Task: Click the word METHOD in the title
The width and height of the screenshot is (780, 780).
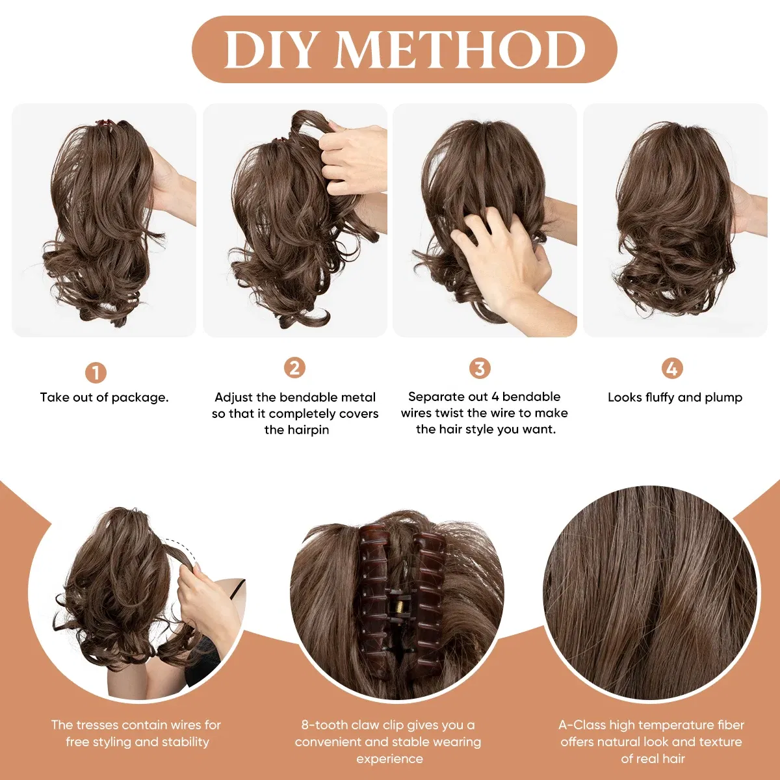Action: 460,50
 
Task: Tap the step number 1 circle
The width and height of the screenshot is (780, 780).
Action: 96,372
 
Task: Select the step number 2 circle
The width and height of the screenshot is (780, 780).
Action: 294,368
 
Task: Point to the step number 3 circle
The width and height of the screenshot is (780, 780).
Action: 480,369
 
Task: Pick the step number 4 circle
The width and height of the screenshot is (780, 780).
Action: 671,369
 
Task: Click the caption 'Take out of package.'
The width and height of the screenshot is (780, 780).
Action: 104,397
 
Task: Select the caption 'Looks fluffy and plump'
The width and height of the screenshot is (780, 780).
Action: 675,397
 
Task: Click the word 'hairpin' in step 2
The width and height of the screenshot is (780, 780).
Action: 296,430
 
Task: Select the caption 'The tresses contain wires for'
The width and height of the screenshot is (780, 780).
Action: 136,725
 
